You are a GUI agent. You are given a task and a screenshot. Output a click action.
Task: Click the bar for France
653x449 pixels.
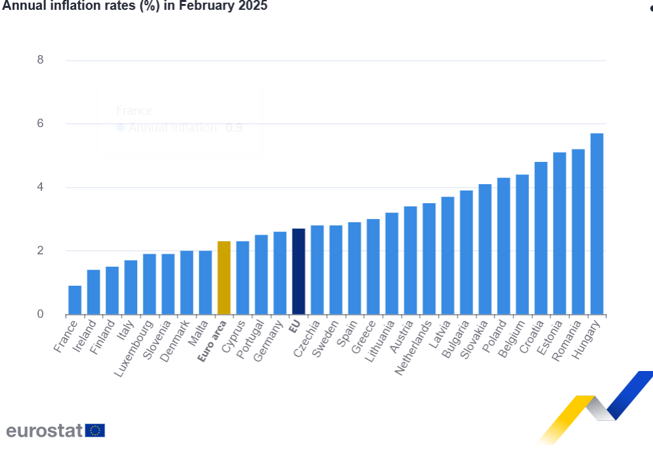[x=75, y=300]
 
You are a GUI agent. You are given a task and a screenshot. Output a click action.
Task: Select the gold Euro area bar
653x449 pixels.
[x=224, y=278]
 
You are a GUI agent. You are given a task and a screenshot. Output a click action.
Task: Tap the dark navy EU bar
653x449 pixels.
[x=299, y=271]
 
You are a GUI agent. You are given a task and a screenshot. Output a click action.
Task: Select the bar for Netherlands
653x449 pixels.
[x=429, y=259]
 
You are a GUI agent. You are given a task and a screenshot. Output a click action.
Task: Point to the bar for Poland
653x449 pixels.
[x=503, y=246]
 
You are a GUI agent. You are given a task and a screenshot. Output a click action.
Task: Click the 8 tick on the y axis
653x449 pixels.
[x=41, y=60]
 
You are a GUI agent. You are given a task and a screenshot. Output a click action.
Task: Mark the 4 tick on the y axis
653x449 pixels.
[x=41, y=187]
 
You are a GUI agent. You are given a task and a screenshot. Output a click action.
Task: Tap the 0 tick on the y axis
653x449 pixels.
[x=41, y=315]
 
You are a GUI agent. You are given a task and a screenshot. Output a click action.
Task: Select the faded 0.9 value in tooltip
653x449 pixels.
[x=234, y=128]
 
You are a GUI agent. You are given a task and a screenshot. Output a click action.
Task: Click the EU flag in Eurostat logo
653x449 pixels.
[x=95, y=431]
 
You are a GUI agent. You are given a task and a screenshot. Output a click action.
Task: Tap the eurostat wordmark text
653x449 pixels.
[x=45, y=431]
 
